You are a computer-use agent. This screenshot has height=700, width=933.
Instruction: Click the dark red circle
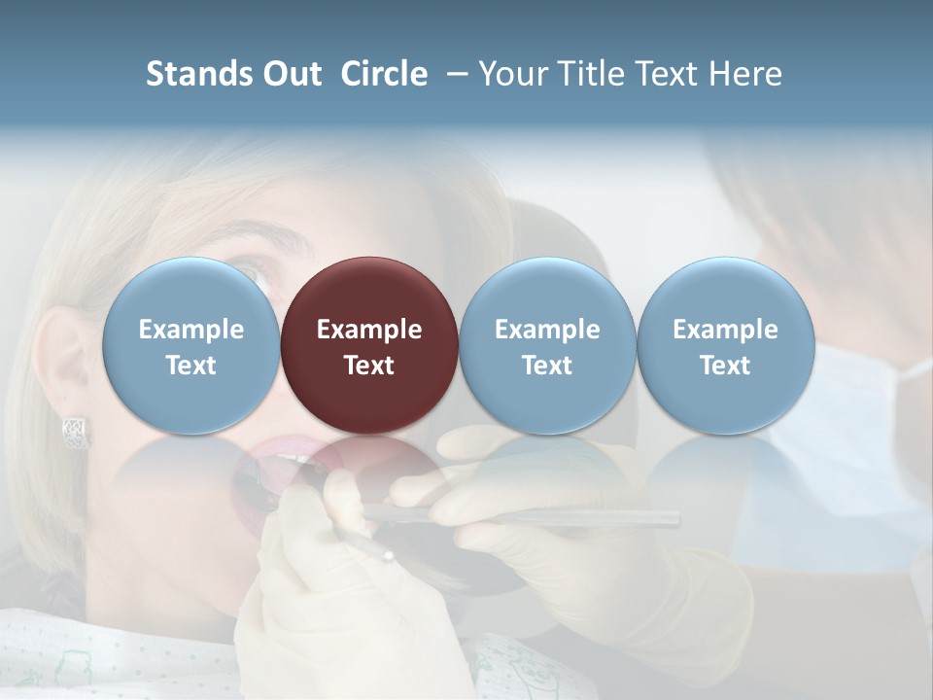tap(369, 345)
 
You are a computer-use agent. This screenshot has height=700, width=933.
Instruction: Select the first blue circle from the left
tap(190, 345)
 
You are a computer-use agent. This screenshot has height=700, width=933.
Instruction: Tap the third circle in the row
tap(547, 345)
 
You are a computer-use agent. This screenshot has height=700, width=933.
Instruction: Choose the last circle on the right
tap(726, 345)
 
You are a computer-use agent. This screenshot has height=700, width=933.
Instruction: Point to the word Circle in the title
tap(384, 74)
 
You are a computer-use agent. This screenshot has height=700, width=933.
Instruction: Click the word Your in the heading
tap(514, 74)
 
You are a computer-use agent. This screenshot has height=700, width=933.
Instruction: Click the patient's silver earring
tap(76, 432)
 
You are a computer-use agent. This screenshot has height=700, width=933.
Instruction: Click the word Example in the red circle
tap(369, 330)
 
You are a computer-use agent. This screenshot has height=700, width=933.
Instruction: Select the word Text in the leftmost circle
tap(190, 366)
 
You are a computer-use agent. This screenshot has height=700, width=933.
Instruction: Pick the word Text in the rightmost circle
tap(725, 366)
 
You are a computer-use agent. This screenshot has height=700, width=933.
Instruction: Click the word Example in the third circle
tap(547, 330)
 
